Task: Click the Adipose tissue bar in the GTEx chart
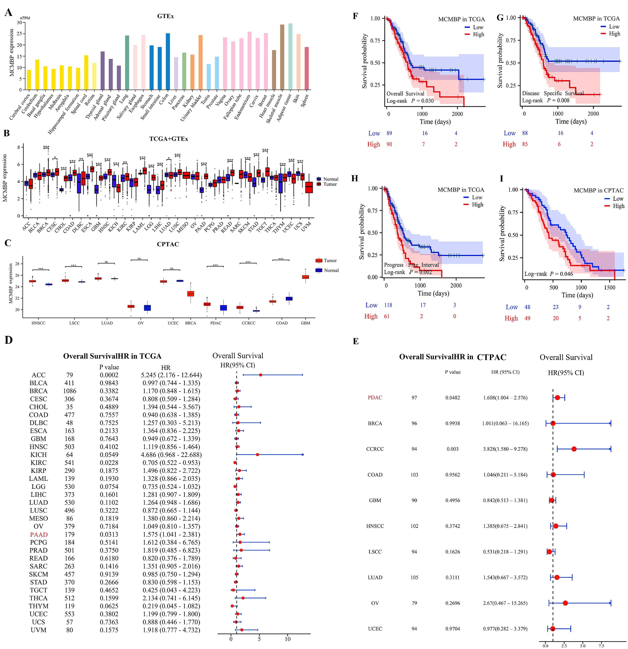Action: click(290, 56)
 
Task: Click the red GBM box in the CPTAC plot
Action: click(305, 277)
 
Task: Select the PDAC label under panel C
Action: click(216, 323)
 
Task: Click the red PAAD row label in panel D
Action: click(39, 534)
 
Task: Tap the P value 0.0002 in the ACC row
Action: click(109, 375)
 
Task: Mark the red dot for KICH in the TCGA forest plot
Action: click(257, 455)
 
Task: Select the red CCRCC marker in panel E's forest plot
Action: click(574, 449)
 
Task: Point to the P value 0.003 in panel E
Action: click(452, 449)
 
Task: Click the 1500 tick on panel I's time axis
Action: click(609, 287)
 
